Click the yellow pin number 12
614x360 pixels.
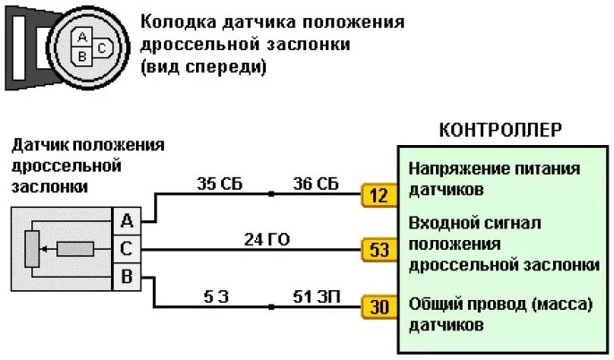[379, 194]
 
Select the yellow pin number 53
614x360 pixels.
[379, 250]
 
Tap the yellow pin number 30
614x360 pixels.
[379, 307]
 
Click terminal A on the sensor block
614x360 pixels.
[126, 220]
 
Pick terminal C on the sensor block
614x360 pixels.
[126, 249]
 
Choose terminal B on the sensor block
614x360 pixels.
[126, 278]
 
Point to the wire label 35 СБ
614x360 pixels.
[219, 184]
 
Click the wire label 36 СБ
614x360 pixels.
[316, 184]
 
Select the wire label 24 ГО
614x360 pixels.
[267, 239]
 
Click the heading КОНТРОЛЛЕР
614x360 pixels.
[500, 131]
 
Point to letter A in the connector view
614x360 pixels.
[83, 38]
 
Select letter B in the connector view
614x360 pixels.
[83, 56]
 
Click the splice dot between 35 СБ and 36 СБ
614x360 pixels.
[270, 193]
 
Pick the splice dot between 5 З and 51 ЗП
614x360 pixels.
[270, 307]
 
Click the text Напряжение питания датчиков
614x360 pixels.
[494, 178]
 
